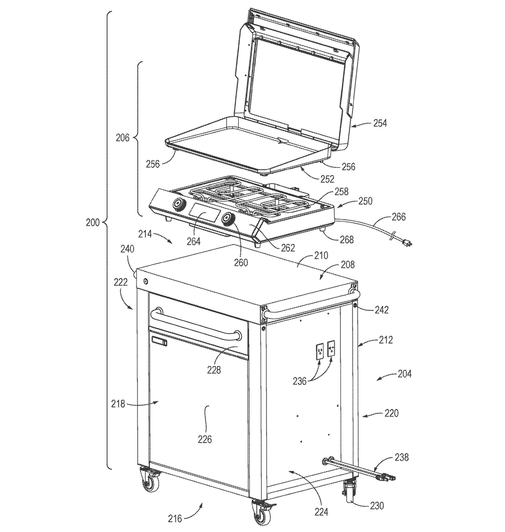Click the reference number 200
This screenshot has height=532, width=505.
click(x=92, y=222)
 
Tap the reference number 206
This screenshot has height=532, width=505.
click(x=123, y=138)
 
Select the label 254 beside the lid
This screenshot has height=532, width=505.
click(x=380, y=123)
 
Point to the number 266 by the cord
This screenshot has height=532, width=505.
click(x=398, y=217)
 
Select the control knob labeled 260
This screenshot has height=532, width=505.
click(x=229, y=220)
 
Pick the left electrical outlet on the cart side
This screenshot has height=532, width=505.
click(x=320, y=351)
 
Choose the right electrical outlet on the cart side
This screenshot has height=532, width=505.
click(x=331, y=348)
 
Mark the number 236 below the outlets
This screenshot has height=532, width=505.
click(x=300, y=381)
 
